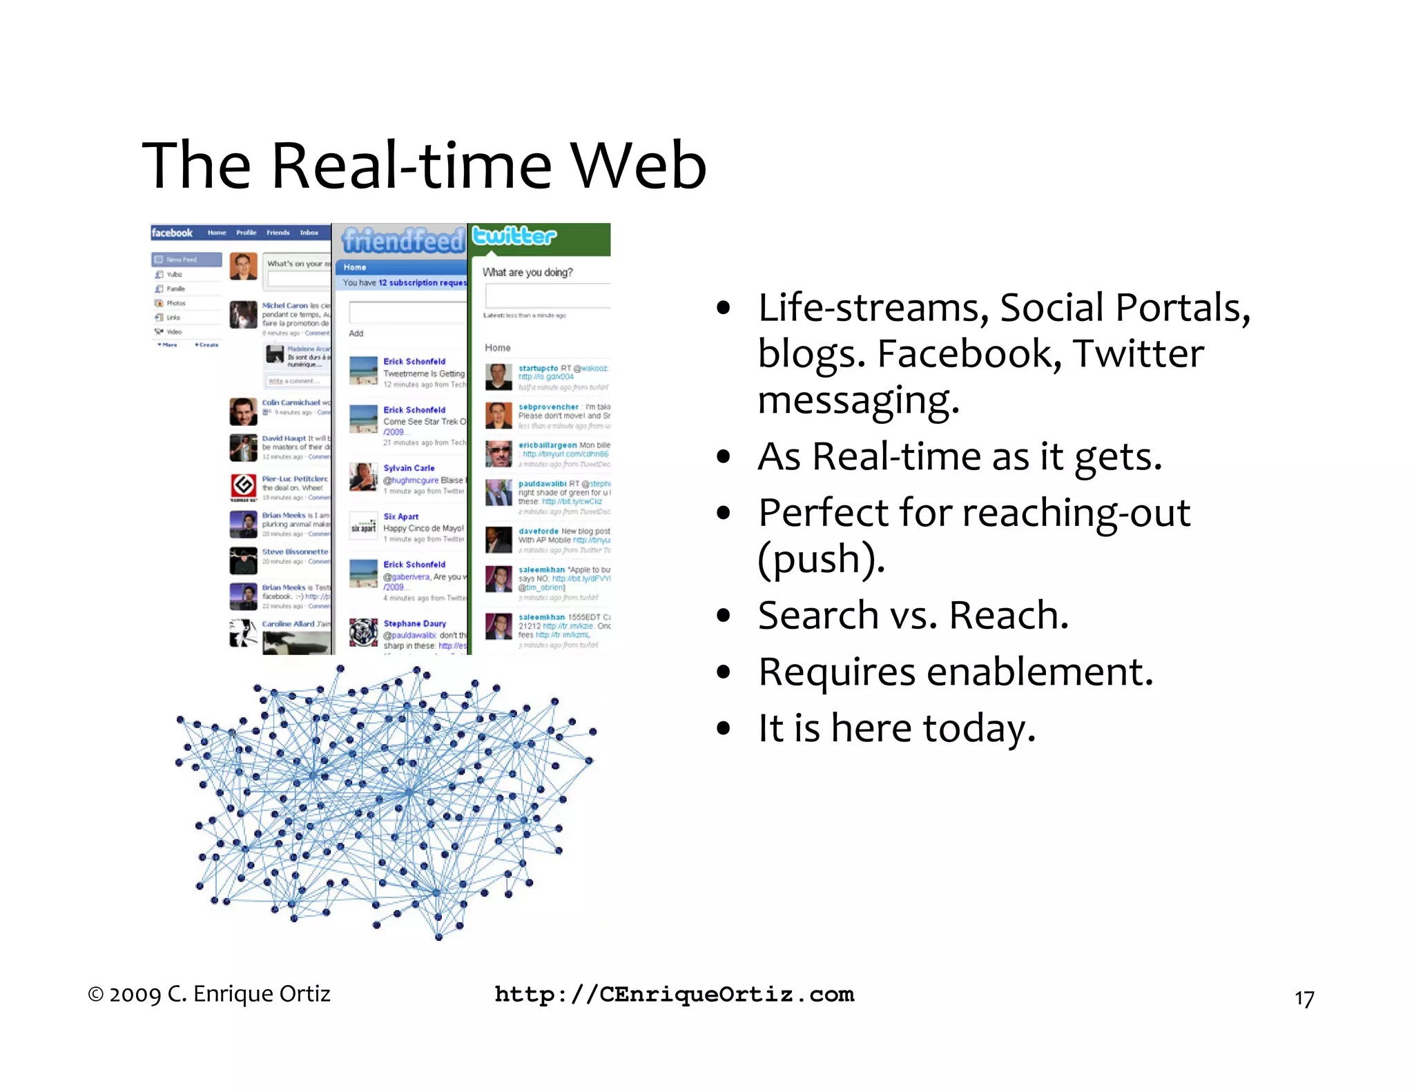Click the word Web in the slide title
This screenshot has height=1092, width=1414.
[638, 166]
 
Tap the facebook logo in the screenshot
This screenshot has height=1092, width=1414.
[172, 233]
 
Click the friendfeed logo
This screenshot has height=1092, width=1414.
[403, 240]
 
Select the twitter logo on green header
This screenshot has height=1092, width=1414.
[514, 236]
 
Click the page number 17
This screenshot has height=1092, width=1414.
[1304, 999]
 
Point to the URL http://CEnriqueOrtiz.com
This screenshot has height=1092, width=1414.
[675, 994]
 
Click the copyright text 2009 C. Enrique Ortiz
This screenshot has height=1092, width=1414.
[209, 994]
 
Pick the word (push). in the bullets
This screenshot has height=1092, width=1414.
[820, 558]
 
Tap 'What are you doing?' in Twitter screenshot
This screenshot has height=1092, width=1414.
[527, 272]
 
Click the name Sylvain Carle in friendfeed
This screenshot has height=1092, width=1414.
[409, 468]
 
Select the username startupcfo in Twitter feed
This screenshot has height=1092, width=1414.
[538, 368]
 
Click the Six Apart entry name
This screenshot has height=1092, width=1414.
[400, 516]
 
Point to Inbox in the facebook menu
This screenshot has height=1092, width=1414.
[309, 233]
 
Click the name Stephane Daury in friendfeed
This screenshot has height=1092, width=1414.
[414, 623]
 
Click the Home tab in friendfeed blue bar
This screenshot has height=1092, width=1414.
[355, 267]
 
